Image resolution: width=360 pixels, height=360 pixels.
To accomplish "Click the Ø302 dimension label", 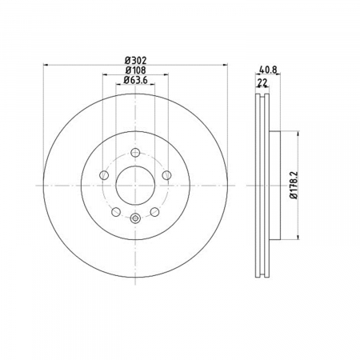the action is [x=136, y=61].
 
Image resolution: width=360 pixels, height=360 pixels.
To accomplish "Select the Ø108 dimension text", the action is [x=136, y=70].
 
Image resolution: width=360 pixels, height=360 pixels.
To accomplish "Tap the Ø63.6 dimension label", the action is [x=135, y=80].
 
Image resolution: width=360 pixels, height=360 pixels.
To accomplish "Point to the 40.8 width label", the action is [x=268, y=70].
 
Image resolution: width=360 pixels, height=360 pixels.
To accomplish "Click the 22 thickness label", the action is [x=262, y=83].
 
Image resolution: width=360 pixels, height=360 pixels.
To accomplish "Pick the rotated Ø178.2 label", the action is [x=294, y=185].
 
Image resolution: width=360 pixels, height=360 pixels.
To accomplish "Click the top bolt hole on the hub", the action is [x=135, y=153].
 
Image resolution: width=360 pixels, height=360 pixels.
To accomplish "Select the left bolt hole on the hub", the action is [x=104, y=175].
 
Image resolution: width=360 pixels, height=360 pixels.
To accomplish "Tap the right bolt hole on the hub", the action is [x=167, y=175].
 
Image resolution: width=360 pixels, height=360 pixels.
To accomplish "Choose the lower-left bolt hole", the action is [x=116, y=212].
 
